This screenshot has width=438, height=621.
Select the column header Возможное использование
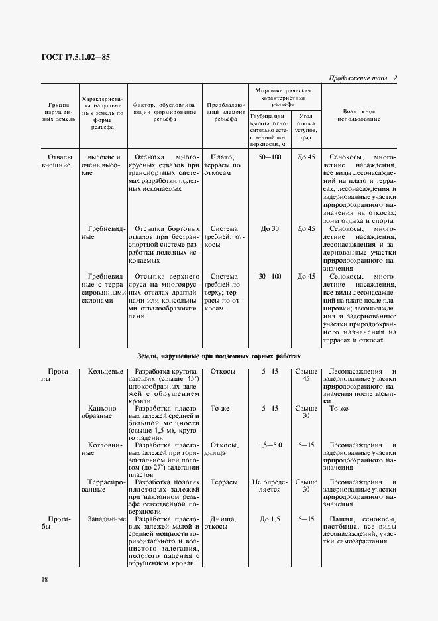pyautogui.click(x=359, y=115)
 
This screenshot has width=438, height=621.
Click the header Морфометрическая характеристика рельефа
pyautogui.click(x=283, y=96)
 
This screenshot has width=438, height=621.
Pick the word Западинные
pyautogui.click(x=105, y=519)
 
